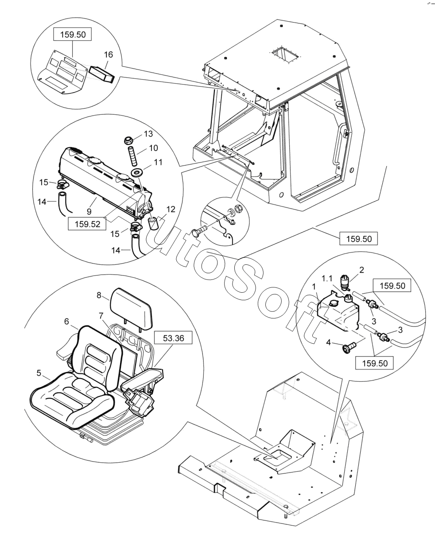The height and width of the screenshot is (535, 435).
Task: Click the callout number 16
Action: [109, 55]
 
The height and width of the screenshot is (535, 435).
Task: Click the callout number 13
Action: [148, 134]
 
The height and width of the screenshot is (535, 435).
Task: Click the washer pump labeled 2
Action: [344, 281]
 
